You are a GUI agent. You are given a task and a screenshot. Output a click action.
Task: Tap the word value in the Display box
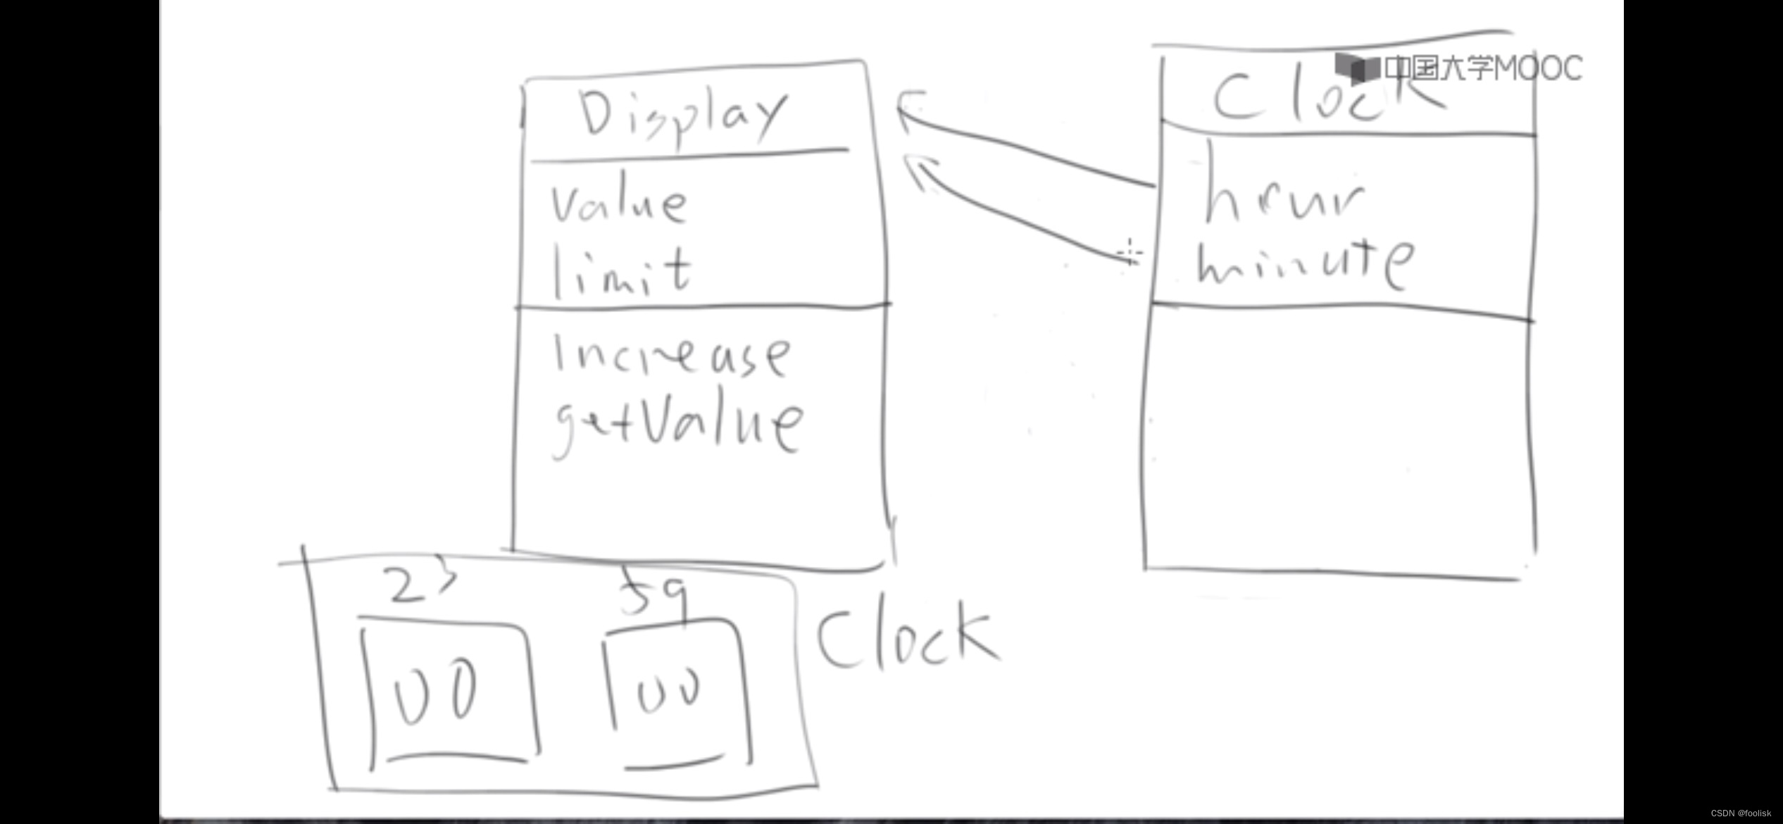click(618, 204)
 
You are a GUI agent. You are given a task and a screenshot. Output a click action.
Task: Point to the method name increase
click(671, 356)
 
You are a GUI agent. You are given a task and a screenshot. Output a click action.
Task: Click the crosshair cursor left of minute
click(1130, 253)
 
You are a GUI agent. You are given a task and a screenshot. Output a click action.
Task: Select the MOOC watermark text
click(1483, 68)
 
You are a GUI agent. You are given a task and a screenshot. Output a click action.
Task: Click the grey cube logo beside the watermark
click(1356, 67)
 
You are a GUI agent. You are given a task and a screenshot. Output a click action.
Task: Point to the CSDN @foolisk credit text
click(1740, 813)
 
